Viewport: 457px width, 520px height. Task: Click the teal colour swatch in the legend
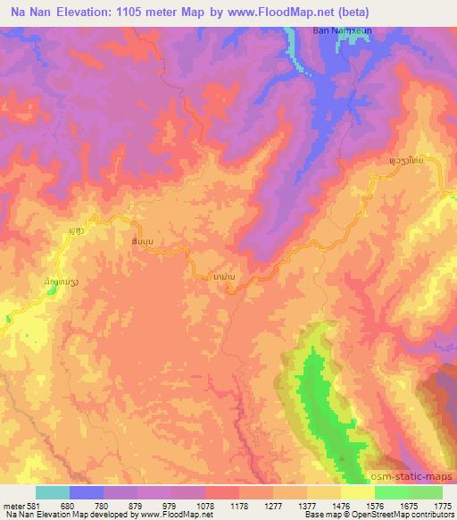(54, 492)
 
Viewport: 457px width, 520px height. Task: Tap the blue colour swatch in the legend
(87, 492)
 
